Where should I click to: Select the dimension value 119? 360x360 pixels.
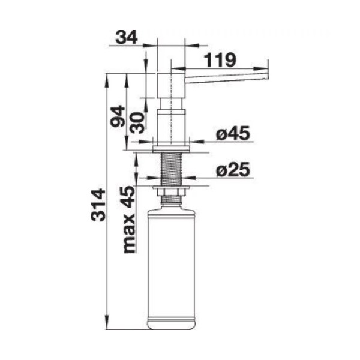[220, 60]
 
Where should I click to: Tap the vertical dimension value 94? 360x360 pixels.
[118, 116]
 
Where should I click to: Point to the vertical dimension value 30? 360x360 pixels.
[137, 122]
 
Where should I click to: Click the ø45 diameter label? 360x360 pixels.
[233, 133]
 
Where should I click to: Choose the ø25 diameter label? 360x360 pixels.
[233, 169]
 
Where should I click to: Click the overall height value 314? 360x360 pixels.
[98, 205]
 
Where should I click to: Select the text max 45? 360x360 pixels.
[129, 220]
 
